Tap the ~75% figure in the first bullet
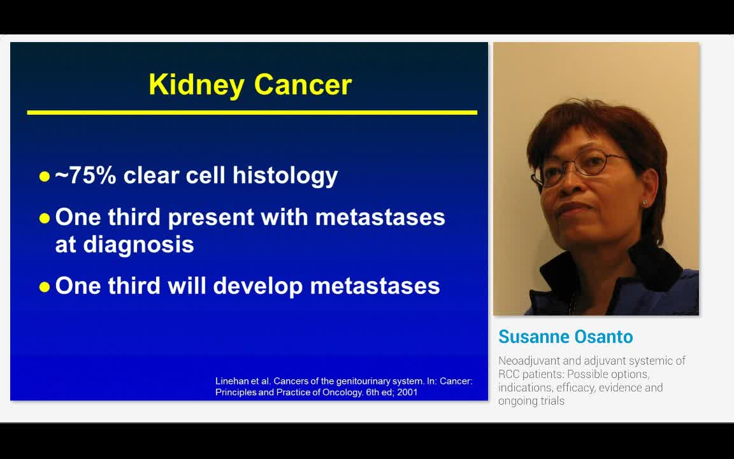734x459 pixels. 85,175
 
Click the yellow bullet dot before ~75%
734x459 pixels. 44,177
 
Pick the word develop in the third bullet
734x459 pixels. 257,286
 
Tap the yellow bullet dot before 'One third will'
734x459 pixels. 44,287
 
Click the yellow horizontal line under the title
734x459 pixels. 252,113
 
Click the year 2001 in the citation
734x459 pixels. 407,392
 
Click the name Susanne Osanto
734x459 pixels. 565,337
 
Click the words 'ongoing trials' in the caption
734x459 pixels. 531,401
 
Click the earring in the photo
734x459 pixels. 645,203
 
